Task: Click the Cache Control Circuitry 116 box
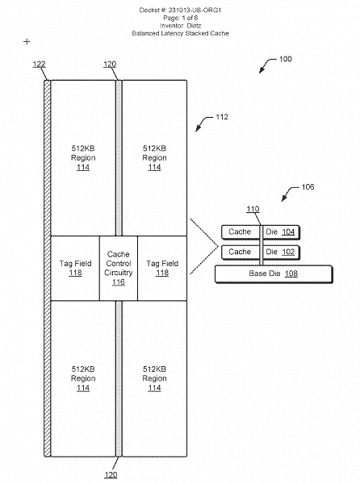118,268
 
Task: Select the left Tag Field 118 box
75,268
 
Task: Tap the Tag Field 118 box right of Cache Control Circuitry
161,268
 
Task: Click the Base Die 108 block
272,273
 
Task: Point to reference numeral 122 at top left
39,64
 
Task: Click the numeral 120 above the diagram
111,64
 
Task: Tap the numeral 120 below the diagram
111,475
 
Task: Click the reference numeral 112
221,117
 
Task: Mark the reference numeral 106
308,187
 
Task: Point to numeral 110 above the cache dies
253,210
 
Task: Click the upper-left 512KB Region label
82,157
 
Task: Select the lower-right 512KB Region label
154,378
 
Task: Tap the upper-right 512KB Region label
154,157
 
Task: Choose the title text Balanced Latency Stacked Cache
180,35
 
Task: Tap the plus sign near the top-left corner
27,40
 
